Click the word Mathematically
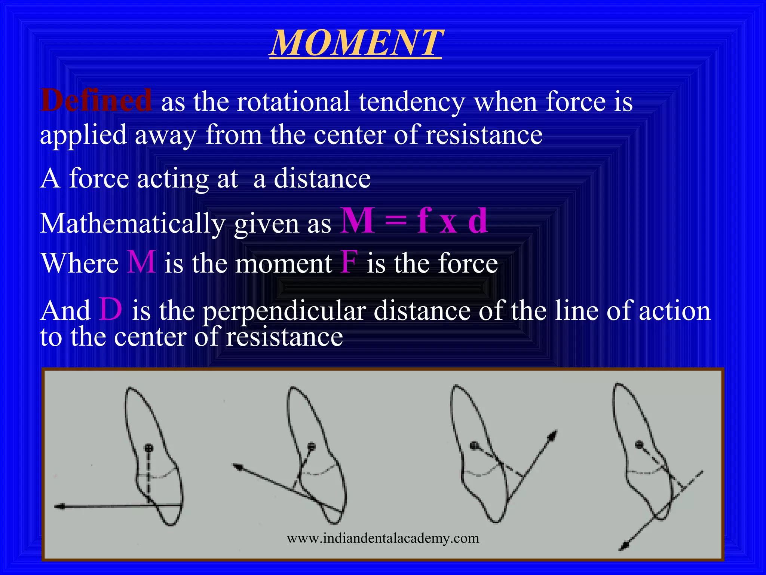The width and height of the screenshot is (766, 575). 132,224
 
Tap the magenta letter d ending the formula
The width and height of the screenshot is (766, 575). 478,222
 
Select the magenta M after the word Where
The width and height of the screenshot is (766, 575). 141,263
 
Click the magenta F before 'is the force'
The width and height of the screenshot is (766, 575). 349,263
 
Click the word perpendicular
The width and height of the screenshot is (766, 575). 284,311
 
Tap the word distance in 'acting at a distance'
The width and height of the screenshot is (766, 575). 322,179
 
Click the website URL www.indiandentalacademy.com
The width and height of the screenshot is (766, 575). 383,538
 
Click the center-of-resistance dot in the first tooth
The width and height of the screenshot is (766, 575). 149,447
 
